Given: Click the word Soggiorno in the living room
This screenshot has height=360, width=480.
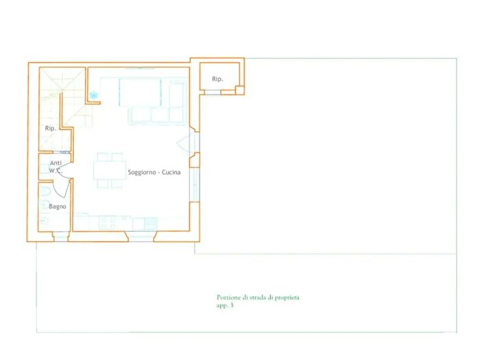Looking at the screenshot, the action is [x=142, y=172].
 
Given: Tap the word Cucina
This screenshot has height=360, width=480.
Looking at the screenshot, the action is [x=171, y=172].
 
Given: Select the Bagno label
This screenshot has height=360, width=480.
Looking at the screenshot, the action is [x=57, y=206].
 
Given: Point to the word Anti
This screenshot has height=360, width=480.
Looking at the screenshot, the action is [x=56, y=163].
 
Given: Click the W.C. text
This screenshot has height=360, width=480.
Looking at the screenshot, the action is [x=56, y=171].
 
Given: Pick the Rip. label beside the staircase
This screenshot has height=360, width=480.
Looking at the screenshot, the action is [x=51, y=128].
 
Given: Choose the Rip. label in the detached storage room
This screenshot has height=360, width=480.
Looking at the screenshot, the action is [x=217, y=79].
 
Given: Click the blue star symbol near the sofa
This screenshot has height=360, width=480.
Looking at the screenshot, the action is [x=94, y=95].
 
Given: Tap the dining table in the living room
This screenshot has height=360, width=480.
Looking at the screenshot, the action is [x=110, y=170].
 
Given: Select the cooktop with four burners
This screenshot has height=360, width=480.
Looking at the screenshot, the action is [x=108, y=223].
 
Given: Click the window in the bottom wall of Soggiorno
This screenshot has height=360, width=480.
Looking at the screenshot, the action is [x=141, y=237].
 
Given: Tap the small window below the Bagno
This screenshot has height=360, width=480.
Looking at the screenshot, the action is [x=60, y=237].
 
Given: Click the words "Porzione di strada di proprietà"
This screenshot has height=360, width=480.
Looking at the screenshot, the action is [x=258, y=297].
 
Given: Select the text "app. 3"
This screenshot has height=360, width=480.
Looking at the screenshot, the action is [x=225, y=306].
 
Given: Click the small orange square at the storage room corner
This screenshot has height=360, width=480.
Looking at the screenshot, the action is [x=239, y=91].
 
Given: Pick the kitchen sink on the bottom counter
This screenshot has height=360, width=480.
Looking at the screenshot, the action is [x=151, y=224].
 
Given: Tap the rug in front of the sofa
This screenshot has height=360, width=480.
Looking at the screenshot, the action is [x=140, y=93].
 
